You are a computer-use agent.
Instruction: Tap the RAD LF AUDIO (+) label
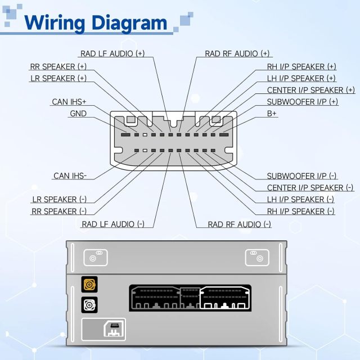[x=112, y=53]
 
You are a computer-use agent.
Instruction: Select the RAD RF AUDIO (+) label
[x=237, y=53]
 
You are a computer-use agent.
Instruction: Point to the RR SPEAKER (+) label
[x=58, y=66]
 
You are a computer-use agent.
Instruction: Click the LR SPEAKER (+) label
[x=58, y=78]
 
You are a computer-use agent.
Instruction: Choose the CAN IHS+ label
[x=69, y=102]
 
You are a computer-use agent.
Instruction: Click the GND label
[x=78, y=114]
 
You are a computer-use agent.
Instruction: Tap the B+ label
[x=272, y=114]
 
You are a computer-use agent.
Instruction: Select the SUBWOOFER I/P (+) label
[x=303, y=102]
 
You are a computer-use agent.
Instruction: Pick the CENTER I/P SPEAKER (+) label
[x=310, y=90]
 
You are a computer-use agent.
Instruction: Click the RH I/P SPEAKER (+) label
[x=301, y=66]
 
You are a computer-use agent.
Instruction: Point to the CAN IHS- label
[x=70, y=175]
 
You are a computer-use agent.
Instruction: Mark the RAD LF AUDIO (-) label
[x=113, y=224]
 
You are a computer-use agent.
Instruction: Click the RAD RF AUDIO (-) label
[x=240, y=224]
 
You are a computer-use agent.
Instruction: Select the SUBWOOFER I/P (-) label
[x=302, y=175]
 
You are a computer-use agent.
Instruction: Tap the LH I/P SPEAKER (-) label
[x=300, y=199]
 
